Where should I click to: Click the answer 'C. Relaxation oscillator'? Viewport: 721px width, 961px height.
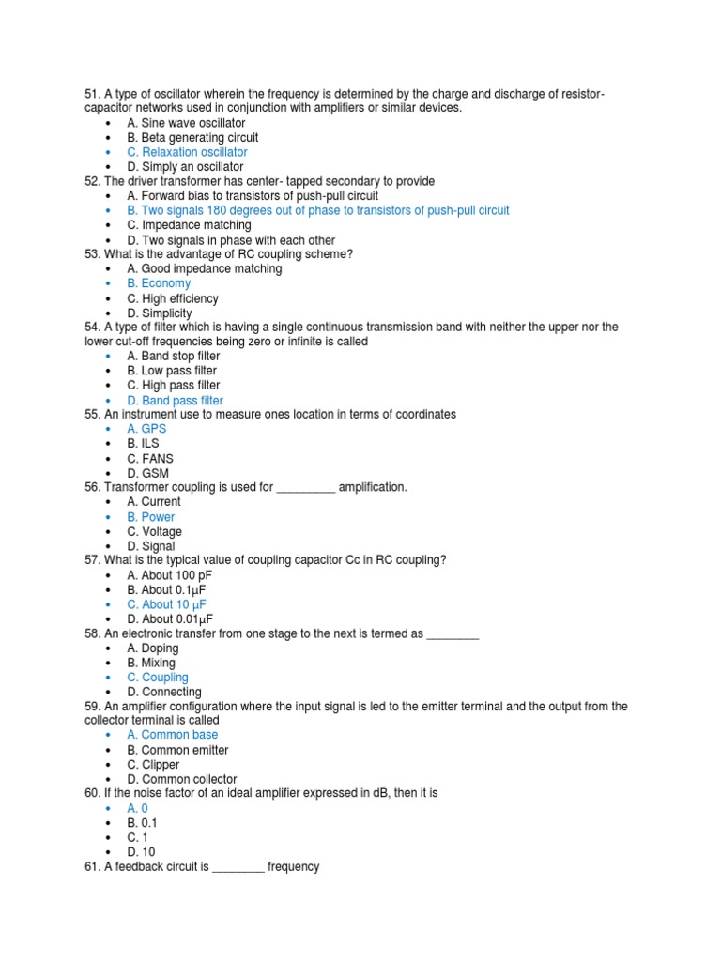tap(187, 152)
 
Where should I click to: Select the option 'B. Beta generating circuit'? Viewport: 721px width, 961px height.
tap(192, 137)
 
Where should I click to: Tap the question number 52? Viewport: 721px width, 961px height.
tap(92, 181)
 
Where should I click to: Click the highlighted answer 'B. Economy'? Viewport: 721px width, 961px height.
tap(159, 283)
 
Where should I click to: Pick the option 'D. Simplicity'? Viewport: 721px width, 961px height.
tap(160, 313)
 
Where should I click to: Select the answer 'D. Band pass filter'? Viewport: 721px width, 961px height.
tap(175, 401)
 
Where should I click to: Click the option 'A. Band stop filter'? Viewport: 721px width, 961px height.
tap(174, 357)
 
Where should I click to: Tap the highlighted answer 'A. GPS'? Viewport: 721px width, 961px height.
tap(146, 429)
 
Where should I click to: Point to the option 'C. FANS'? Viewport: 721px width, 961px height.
tap(150, 459)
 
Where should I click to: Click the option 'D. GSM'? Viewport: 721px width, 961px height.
tap(148, 474)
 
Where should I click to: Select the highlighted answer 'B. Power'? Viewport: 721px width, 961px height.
tap(150, 517)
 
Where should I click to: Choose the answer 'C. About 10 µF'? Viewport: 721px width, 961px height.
tap(166, 604)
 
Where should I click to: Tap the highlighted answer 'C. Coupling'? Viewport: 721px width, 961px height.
tap(158, 678)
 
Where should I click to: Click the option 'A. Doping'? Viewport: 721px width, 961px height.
tap(153, 648)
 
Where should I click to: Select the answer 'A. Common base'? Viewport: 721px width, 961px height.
tap(172, 735)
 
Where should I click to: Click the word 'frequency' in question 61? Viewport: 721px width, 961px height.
tap(294, 866)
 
